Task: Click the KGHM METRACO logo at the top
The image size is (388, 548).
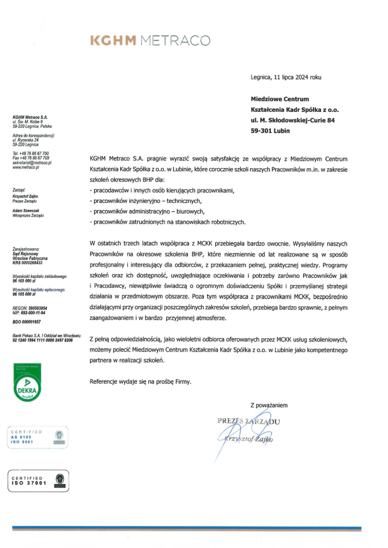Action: pos(150,40)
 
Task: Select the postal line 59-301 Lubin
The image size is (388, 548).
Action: pos(270,131)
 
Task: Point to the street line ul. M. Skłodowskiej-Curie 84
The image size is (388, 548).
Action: pos(293,120)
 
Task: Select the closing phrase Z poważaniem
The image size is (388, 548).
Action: pos(269,405)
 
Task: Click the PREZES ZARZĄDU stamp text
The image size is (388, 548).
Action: pos(249,421)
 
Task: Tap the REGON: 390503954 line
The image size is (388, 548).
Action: pos(29,309)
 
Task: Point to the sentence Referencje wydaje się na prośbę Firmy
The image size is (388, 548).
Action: pos(140,382)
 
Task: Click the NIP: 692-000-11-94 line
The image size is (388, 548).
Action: pos(29,314)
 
